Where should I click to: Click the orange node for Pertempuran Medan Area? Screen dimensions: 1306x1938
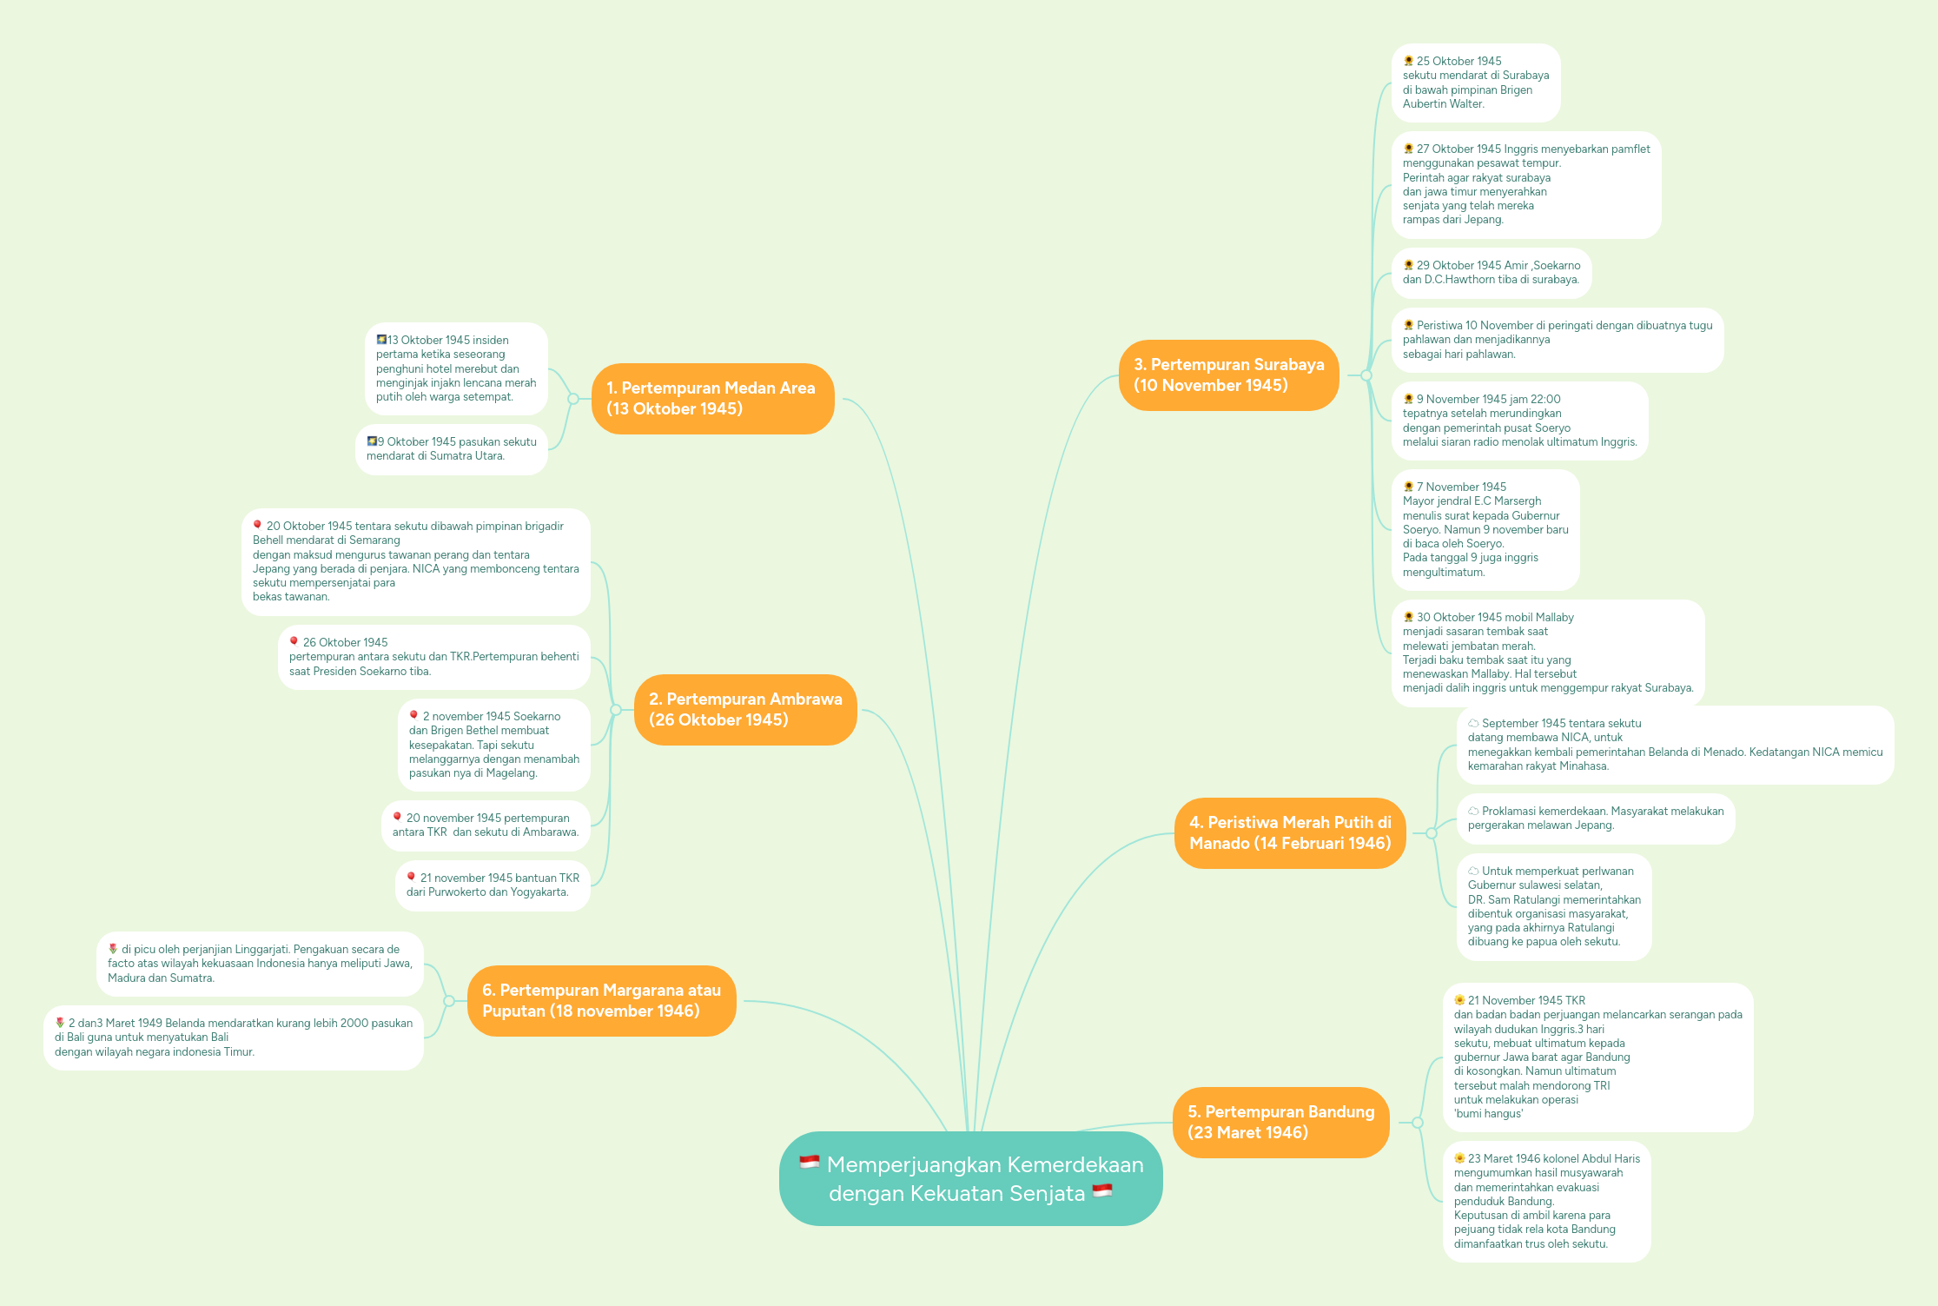[x=712, y=399]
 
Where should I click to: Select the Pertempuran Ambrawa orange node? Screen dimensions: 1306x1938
[x=745, y=710]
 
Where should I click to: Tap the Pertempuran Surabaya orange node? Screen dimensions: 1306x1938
[x=1228, y=375]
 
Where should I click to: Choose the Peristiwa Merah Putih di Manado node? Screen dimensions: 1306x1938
[x=1290, y=833]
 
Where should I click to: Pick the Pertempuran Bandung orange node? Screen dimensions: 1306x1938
[x=1281, y=1123]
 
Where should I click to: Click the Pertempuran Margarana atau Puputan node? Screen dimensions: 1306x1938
[x=601, y=1001]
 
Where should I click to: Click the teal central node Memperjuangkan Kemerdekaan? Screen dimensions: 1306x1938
[x=970, y=1179]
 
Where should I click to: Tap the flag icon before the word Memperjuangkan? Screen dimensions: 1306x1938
[x=809, y=1163]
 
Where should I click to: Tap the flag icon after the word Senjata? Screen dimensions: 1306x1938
[x=1102, y=1191]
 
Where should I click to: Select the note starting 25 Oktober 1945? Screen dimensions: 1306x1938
[x=1475, y=83]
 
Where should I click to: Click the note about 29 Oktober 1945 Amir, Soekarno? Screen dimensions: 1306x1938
[x=1491, y=273]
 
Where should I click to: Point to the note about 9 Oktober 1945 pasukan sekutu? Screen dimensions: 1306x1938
[x=451, y=449]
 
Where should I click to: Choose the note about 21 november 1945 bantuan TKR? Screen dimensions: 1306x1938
[x=493, y=885]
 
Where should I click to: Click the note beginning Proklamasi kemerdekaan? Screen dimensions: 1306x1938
[x=1595, y=819]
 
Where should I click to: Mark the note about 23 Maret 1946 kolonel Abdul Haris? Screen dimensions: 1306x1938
[x=1546, y=1201]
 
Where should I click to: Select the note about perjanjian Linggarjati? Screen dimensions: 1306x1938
[x=260, y=964]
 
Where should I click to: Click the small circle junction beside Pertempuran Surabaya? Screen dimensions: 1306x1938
[x=1366, y=375]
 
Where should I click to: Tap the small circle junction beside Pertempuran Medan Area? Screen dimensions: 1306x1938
[x=573, y=399]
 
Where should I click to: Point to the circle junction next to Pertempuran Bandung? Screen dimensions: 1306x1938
[x=1418, y=1123]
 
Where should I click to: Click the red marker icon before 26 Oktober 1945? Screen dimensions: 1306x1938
[x=294, y=641]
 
